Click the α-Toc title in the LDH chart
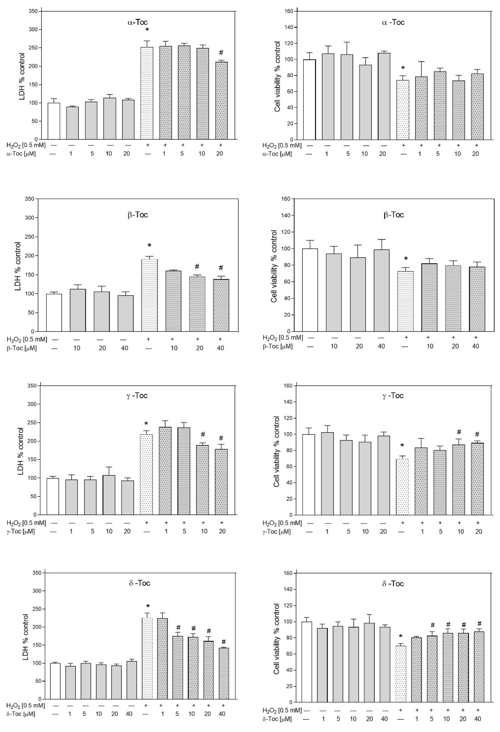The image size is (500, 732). click(135, 22)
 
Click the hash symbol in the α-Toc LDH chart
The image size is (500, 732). click(221, 52)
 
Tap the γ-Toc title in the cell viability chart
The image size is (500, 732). click(393, 396)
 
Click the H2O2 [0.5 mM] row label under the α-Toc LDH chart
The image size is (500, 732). click(26, 145)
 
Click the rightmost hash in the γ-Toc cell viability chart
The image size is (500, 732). click(477, 434)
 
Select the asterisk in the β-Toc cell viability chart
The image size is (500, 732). click(406, 259)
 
